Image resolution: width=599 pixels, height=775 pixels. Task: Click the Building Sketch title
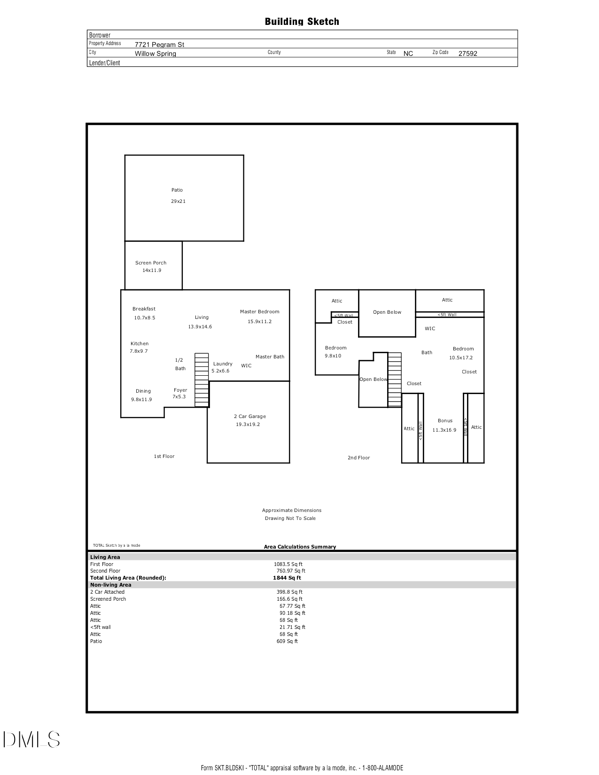pos(302,22)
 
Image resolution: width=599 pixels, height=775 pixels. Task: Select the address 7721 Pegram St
pos(159,45)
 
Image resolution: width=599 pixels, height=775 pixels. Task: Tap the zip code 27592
pos(467,54)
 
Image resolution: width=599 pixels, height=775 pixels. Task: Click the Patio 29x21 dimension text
pos(178,201)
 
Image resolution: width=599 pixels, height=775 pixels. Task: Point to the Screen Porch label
pos(151,263)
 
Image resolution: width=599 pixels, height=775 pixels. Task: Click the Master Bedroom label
pos(259,311)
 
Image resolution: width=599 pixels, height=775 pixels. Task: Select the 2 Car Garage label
pos(249,416)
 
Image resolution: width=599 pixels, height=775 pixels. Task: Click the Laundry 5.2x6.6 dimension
pos(220,371)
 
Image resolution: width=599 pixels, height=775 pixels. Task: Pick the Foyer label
pos(180,390)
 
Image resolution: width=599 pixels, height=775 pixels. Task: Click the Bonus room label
pos(445,420)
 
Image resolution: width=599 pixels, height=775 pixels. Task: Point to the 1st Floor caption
pos(164,456)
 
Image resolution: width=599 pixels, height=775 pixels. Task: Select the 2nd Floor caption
pos(358,457)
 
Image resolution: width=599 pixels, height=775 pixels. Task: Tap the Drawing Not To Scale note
pos(290,519)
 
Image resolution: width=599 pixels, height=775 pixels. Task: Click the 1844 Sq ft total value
pos(287,578)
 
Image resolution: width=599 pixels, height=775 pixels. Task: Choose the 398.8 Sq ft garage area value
pos(289,592)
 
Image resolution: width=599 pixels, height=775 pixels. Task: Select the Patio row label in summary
pos(96,641)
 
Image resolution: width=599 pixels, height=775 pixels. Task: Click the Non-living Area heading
pos(110,585)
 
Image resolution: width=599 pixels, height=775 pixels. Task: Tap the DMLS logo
pos(31,739)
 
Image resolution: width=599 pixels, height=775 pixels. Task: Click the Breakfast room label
pos(144,309)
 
